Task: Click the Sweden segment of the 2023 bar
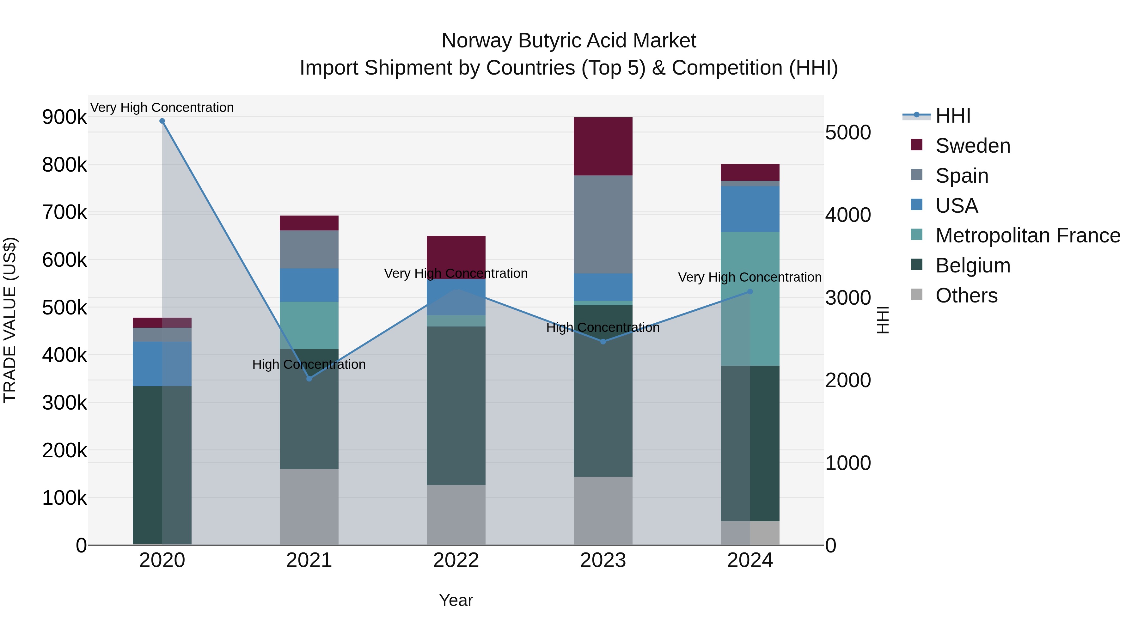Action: (x=603, y=146)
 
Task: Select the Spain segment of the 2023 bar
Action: (x=603, y=224)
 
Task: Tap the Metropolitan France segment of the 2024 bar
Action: (x=750, y=299)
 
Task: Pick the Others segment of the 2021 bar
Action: (x=309, y=507)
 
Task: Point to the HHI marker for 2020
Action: (x=162, y=121)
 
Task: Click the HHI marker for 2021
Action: (x=309, y=379)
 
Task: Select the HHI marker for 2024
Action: (x=750, y=291)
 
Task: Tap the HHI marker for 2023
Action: (x=603, y=341)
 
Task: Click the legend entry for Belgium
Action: (x=973, y=265)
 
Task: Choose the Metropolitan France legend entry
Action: (x=1028, y=235)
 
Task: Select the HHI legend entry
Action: (x=953, y=116)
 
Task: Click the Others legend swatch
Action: (x=917, y=295)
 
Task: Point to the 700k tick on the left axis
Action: (x=64, y=212)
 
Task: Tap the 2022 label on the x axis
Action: (x=456, y=560)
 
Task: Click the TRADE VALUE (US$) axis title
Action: (x=10, y=320)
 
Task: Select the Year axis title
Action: (x=456, y=600)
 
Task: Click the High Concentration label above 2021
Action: (x=309, y=364)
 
